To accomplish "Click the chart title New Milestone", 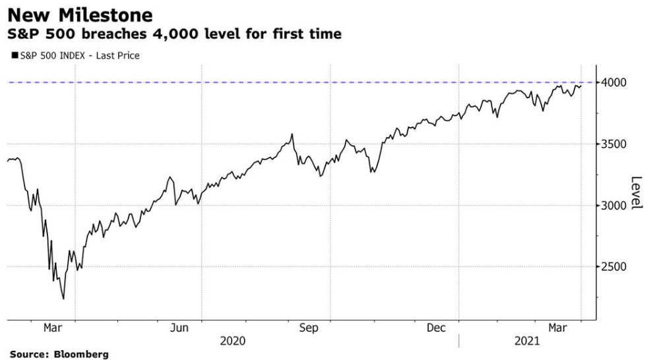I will click(x=80, y=15).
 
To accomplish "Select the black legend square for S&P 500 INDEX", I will click(x=14, y=56).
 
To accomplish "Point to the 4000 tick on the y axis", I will click(x=613, y=82).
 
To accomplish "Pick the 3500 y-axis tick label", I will click(x=613, y=144).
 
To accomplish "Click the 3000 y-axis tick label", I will click(x=613, y=205).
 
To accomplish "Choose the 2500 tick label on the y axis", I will click(x=613, y=266).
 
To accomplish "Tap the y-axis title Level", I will click(x=636, y=193).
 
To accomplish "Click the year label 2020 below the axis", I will click(x=232, y=341).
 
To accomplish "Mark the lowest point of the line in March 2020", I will click(x=63, y=299).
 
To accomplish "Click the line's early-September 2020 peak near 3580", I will click(x=292, y=135).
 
